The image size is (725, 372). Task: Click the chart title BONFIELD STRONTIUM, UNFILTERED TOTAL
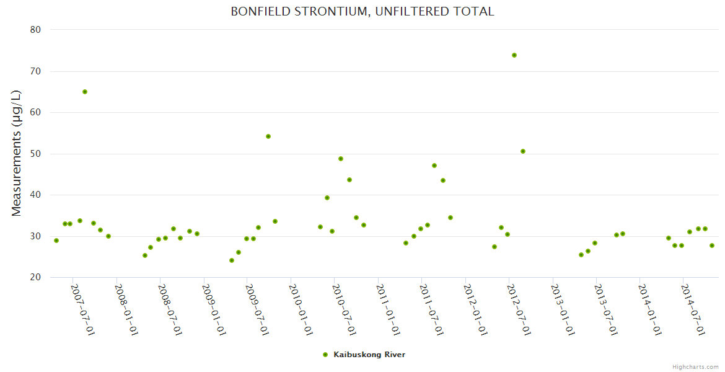tap(362, 11)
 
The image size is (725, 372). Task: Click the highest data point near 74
tap(514, 55)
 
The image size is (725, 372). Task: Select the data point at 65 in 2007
tap(85, 92)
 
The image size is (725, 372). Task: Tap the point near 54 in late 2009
tap(268, 136)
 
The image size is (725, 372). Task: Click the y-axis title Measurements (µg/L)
tap(17, 153)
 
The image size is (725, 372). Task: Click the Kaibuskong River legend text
tap(369, 355)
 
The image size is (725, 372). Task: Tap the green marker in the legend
tap(325, 355)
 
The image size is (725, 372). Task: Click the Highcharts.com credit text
tap(695, 367)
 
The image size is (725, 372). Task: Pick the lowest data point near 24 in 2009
tap(232, 260)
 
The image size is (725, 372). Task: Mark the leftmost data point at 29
tap(56, 241)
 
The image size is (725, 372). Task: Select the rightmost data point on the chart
tap(712, 246)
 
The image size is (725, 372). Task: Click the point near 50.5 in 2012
tap(523, 151)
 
